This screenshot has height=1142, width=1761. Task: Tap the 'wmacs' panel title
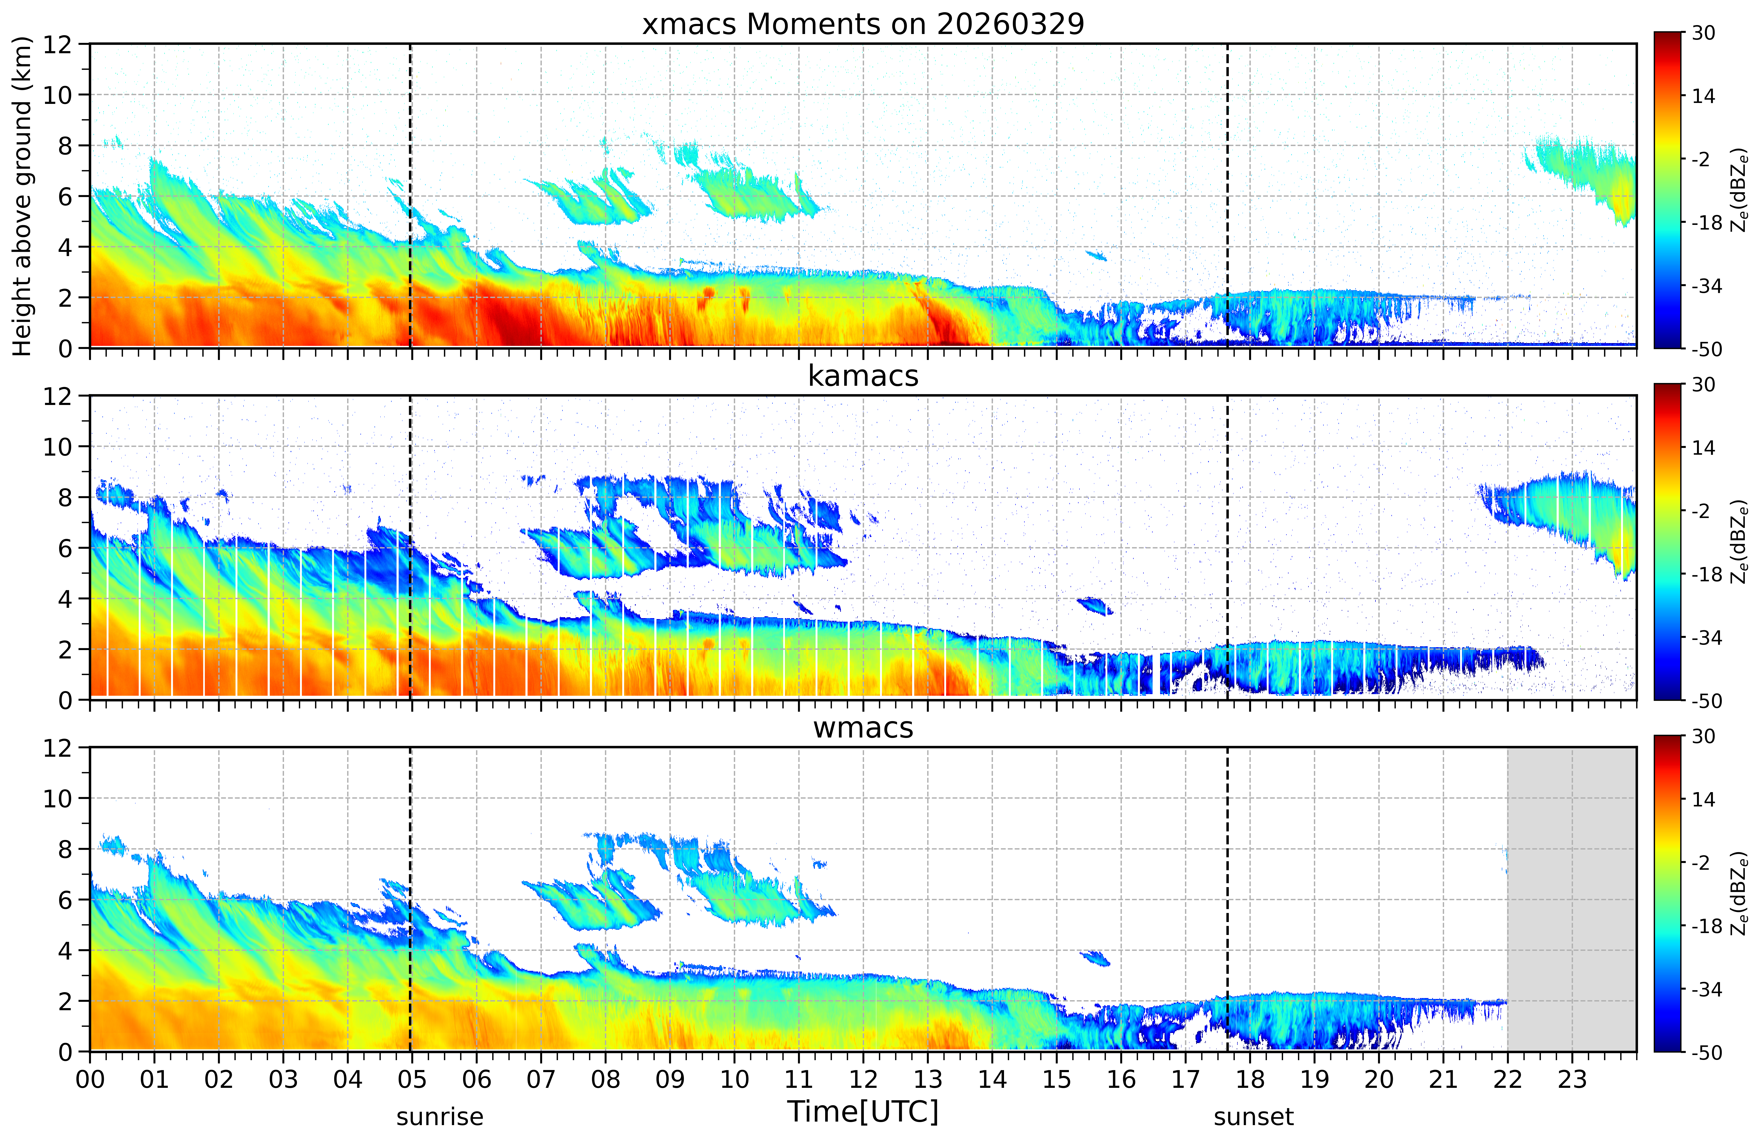point(863,728)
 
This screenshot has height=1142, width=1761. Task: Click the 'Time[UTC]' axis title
point(863,1111)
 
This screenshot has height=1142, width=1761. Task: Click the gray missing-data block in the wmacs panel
point(1572,899)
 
